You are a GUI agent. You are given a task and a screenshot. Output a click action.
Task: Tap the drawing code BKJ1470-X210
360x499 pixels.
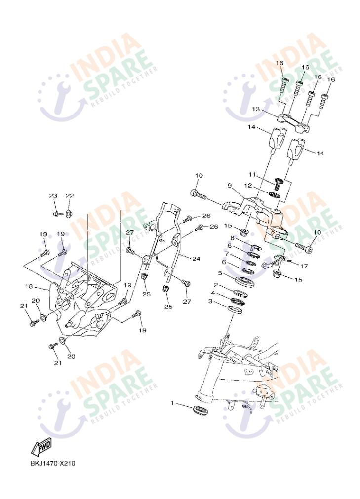click(x=53, y=463)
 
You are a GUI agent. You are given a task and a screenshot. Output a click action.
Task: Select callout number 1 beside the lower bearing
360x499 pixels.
click(x=172, y=403)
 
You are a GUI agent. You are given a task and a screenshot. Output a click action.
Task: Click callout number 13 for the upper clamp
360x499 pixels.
click(x=256, y=109)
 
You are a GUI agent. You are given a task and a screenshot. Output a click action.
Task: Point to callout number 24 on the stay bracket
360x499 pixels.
click(x=196, y=259)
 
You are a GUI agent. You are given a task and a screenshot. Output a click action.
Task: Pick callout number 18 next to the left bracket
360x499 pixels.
click(x=29, y=286)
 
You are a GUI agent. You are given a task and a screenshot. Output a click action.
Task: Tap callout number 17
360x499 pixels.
click(x=304, y=266)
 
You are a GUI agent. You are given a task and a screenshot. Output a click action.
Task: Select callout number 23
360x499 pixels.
click(x=53, y=196)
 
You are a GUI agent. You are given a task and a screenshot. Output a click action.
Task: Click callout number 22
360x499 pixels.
click(x=70, y=196)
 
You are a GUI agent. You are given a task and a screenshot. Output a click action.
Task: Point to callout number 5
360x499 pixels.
click(x=220, y=273)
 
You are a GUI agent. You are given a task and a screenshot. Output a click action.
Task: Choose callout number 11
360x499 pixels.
click(x=252, y=175)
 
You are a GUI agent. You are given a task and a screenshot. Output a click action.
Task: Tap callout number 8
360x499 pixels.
click(x=233, y=238)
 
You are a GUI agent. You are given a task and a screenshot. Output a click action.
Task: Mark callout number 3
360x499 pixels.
click(x=210, y=301)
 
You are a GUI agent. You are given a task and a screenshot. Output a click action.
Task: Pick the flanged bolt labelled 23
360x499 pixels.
click(x=56, y=214)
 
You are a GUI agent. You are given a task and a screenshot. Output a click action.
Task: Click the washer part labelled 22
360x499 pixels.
click(x=69, y=213)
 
